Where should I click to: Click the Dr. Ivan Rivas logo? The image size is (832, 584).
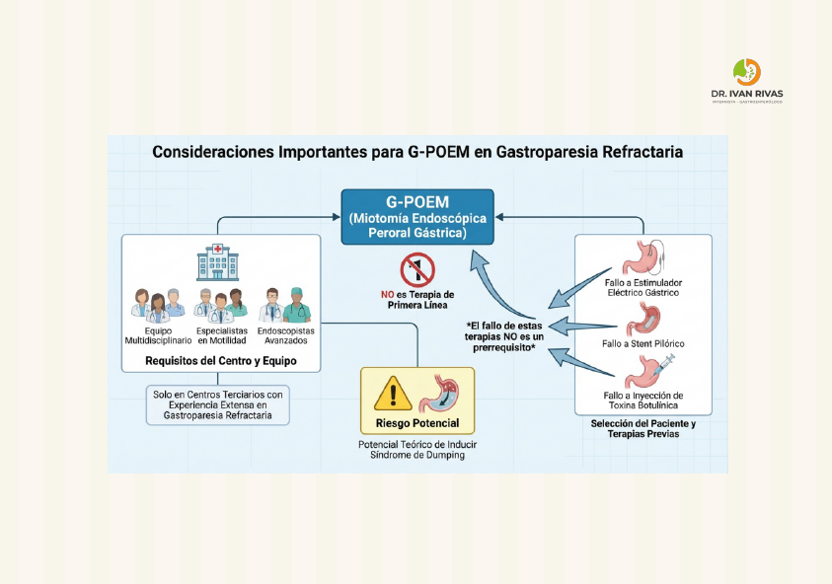(746, 80)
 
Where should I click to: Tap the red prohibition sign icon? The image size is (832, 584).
(417, 269)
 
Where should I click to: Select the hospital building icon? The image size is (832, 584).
(217, 262)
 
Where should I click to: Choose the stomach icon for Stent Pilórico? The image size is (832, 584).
(643, 320)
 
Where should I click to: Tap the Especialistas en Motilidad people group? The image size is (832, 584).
(220, 305)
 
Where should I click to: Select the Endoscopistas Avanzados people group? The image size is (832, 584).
(284, 305)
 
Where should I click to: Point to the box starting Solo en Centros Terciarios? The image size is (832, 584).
(218, 404)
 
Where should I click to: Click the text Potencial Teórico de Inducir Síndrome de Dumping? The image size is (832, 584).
(416, 450)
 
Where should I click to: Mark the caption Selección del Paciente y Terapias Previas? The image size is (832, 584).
(643, 429)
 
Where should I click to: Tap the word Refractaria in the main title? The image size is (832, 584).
(641, 153)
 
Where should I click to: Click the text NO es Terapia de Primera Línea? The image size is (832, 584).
(417, 300)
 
